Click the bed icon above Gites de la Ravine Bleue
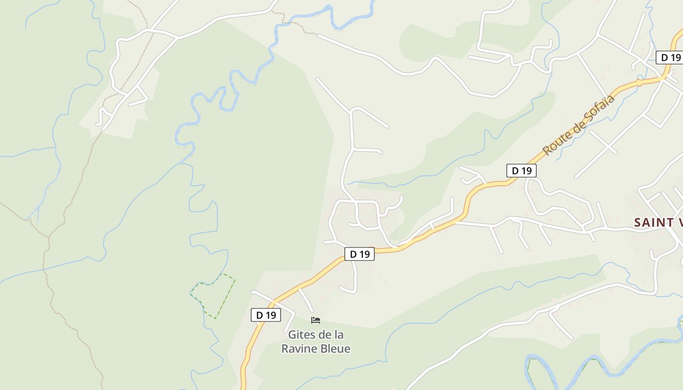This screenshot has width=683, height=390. [x=316, y=320]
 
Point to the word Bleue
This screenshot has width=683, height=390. [x=335, y=349]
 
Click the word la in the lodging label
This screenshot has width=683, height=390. [x=338, y=335]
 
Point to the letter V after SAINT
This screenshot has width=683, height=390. [x=679, y=223]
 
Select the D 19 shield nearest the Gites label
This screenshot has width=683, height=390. [x=266, y=315]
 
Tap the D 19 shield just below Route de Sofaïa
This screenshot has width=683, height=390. [x=521, y=171]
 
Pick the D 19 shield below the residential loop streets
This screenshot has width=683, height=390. [x=360, y=254]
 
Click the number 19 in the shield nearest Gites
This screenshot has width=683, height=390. [x=271, y=315]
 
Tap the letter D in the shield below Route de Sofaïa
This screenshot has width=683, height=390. [x=515, y=171]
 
